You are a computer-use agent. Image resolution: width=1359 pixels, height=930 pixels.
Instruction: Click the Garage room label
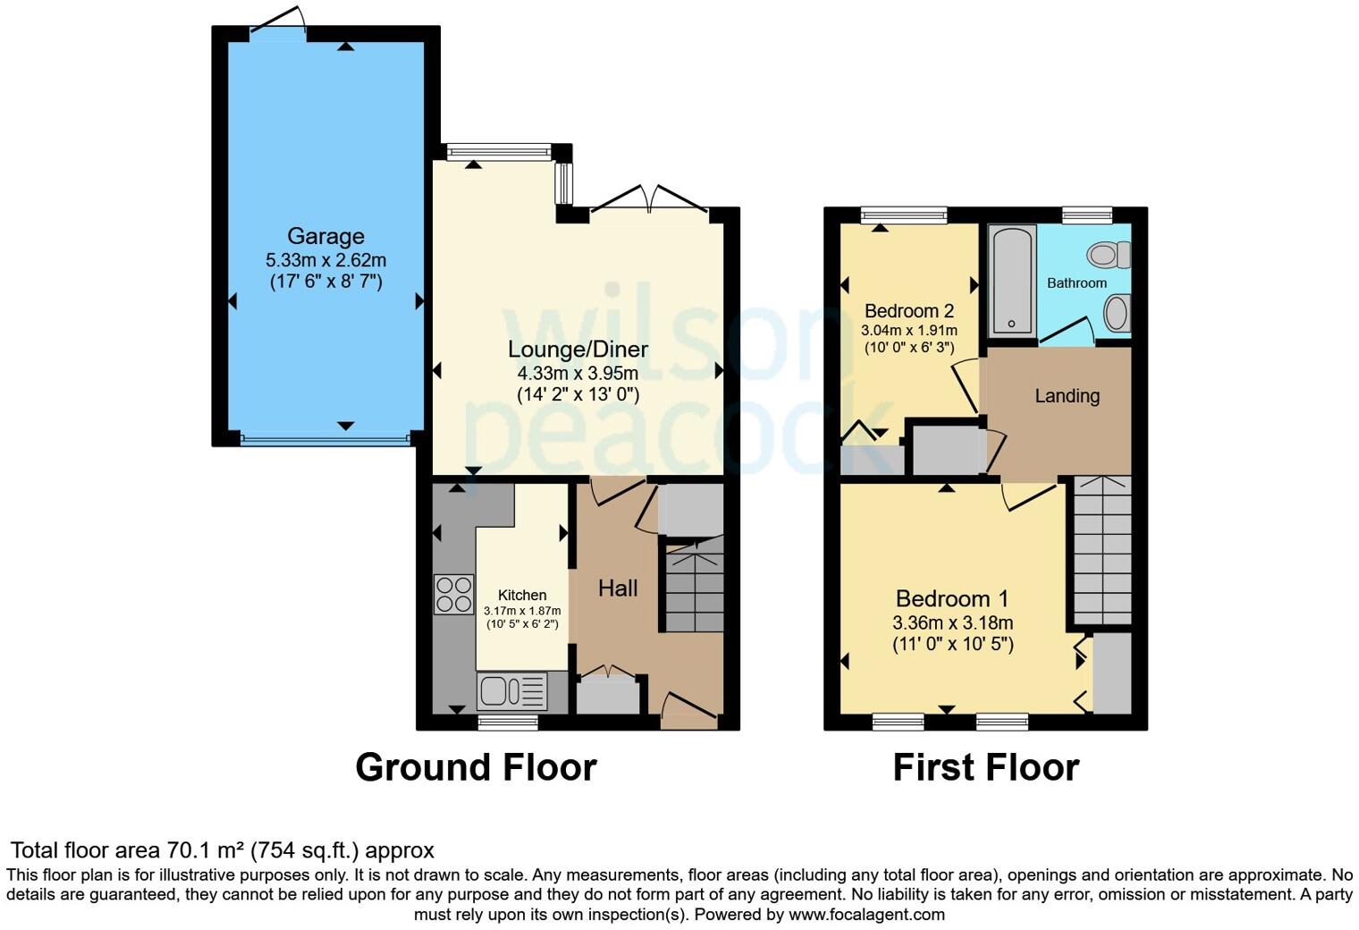(325, 236)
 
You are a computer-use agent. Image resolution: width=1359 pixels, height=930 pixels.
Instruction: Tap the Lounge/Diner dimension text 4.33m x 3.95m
(578, 373)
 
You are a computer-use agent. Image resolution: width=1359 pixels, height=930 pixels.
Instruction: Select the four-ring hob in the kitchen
(453, 594)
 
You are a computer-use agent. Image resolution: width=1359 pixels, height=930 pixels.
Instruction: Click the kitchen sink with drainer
(512, 691)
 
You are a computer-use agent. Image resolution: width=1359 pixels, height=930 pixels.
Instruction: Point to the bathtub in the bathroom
(1012, 280)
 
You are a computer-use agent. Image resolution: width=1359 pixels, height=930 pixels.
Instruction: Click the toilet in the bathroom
(1109, 255)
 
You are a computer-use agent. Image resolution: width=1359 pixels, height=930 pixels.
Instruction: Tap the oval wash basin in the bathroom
(1116, 313)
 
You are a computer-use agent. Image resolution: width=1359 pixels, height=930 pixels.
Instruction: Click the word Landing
(1067, 395)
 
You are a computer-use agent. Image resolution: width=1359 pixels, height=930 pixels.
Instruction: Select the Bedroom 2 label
(908, 311)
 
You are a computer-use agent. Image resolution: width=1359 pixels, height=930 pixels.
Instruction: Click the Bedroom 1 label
(952, 598)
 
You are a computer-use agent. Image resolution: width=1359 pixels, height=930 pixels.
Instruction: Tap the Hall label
(618, 588)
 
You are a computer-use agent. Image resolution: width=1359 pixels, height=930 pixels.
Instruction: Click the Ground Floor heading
(476, 767)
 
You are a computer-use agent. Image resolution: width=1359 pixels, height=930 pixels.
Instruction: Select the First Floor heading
(985, 767)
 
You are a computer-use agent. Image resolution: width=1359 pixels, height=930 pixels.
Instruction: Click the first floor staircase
(1102, 551)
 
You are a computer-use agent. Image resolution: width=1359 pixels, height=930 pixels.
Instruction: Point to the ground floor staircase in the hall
(694, 586)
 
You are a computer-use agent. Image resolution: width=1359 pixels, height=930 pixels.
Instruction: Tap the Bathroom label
(1076, 283)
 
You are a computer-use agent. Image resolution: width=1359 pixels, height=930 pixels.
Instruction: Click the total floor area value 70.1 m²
(206, 850)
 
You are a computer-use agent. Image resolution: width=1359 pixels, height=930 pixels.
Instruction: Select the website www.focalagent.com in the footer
(865, 914)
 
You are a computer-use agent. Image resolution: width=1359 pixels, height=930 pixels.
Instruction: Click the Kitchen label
(522, 595)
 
